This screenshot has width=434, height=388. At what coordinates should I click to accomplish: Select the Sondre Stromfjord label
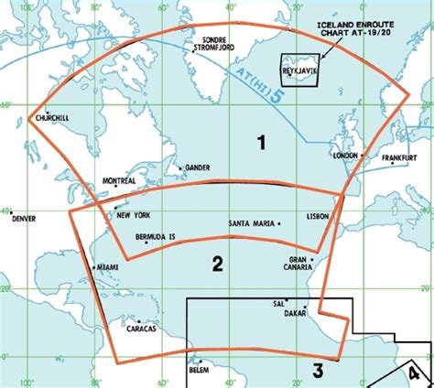(x=215, y=47)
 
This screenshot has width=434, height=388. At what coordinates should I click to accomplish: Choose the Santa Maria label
(x=251, y=223)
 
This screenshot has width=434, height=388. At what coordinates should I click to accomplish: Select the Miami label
(x=108, y=267)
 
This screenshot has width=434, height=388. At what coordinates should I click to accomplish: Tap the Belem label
(x=200, y=371)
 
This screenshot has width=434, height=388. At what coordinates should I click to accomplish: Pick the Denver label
(x=25, y=220)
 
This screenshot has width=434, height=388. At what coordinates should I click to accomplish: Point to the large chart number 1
(x=262, y=143)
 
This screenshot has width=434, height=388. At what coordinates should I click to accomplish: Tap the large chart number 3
(x=317, y=371)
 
